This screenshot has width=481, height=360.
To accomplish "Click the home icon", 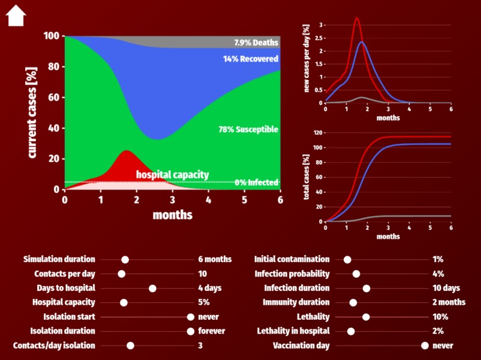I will point(16,16).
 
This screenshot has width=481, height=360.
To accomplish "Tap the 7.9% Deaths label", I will point(256,42).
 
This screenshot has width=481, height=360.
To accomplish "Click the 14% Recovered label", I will point(250,59).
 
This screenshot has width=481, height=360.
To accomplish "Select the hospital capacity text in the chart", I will point(172,175).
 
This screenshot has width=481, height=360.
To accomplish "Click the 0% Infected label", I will point(256,183).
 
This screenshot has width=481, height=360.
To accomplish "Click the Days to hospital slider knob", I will point(152,288).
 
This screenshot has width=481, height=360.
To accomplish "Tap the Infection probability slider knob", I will point(356,274).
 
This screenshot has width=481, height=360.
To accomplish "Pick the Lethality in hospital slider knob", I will point(351,331).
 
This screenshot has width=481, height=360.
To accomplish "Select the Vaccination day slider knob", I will point(425,346).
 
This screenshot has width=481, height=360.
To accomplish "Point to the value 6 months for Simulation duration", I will point(214,259).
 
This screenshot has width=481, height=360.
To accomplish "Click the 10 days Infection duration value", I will point(446,288).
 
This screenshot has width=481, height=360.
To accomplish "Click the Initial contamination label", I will point(292,259).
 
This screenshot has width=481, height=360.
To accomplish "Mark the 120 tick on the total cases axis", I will point(318,133).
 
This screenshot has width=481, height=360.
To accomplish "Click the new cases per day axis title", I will point(306,58).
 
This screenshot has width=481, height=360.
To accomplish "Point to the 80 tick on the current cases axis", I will point(52,67).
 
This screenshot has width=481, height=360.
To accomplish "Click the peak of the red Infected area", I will point(127,151).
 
